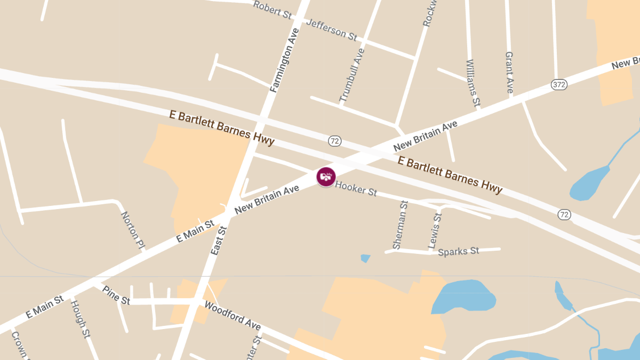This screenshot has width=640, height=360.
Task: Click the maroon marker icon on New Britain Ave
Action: tap(326, 177)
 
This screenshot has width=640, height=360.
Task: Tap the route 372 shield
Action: tap(558, 84)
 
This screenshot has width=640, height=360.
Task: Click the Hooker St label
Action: tap(356, 188)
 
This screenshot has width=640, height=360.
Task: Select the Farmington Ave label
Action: tap(284, 60)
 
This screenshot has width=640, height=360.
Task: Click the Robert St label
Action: tap(272, 10)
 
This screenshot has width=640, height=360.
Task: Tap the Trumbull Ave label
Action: tap(352, 75)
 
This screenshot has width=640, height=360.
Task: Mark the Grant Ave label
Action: tap(509, 73)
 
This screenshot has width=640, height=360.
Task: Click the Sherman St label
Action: tap(400, 225)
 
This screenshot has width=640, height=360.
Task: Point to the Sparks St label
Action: tap(458, 251)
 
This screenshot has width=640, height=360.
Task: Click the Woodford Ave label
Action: tap(233, 316)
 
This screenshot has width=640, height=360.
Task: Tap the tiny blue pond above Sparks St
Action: tap(365, 259)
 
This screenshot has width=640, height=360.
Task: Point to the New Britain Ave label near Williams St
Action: tap(425, 135)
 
